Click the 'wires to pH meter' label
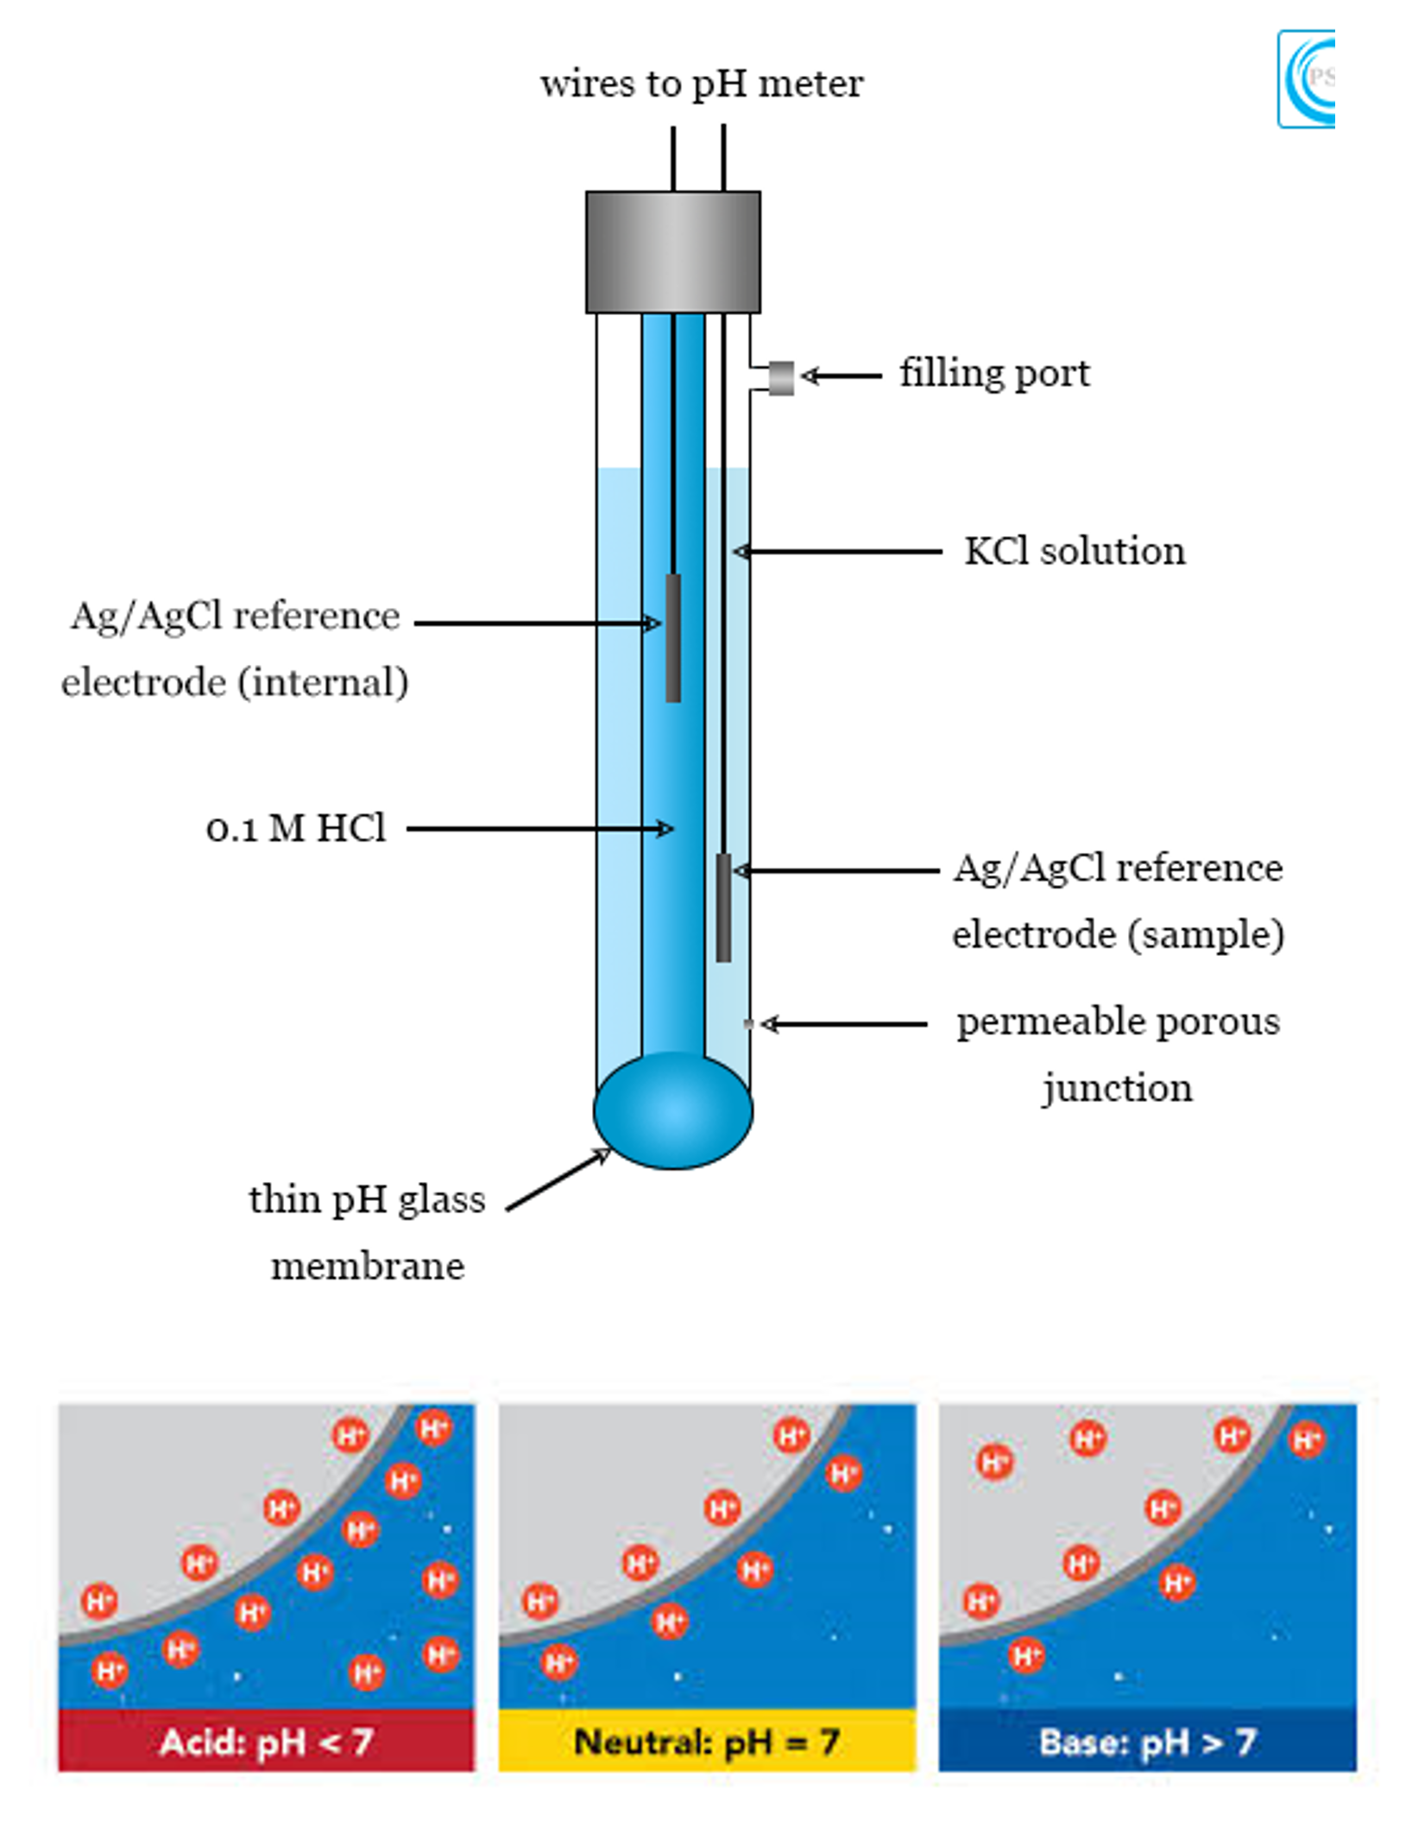(701, 85)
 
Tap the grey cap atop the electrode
(672, 251)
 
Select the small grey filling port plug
(781, 377)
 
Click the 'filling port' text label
(994, 374)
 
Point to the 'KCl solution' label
(1075, 552)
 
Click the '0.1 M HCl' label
(296, 829)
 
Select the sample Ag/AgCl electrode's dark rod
(723, 907)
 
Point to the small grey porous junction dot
(748, 1024)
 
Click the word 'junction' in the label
(1117, 1088)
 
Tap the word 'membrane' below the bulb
(368, 1267)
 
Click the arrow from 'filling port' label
(842, 376)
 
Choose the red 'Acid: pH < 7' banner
(266, 1742)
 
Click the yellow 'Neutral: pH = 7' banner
(707, 1742)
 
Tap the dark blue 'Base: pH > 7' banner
(1147, 1742)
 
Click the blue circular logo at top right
(1306, 79)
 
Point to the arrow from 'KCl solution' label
(837, 551)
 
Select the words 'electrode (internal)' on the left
(235, 683)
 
